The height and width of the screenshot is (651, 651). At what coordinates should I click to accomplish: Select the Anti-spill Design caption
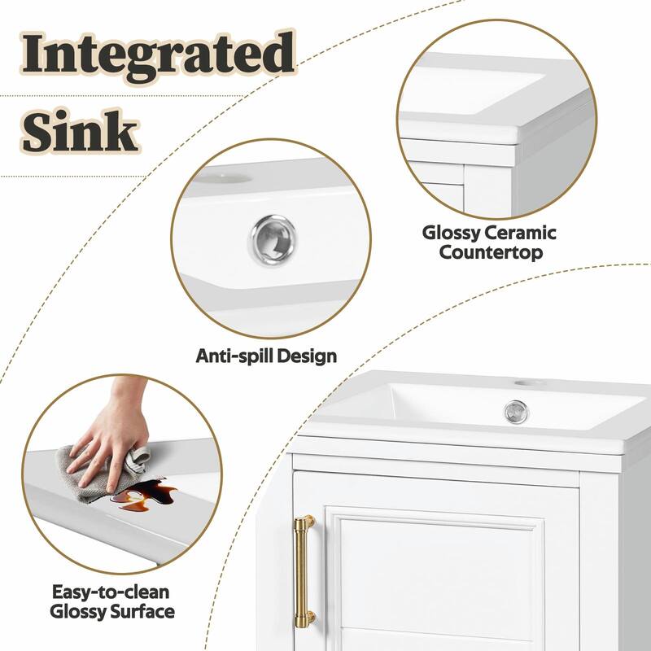point(266,356)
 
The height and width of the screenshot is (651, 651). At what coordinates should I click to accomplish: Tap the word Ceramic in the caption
point(522,234)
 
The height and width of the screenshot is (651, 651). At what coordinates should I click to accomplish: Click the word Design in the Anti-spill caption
point(304,356)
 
